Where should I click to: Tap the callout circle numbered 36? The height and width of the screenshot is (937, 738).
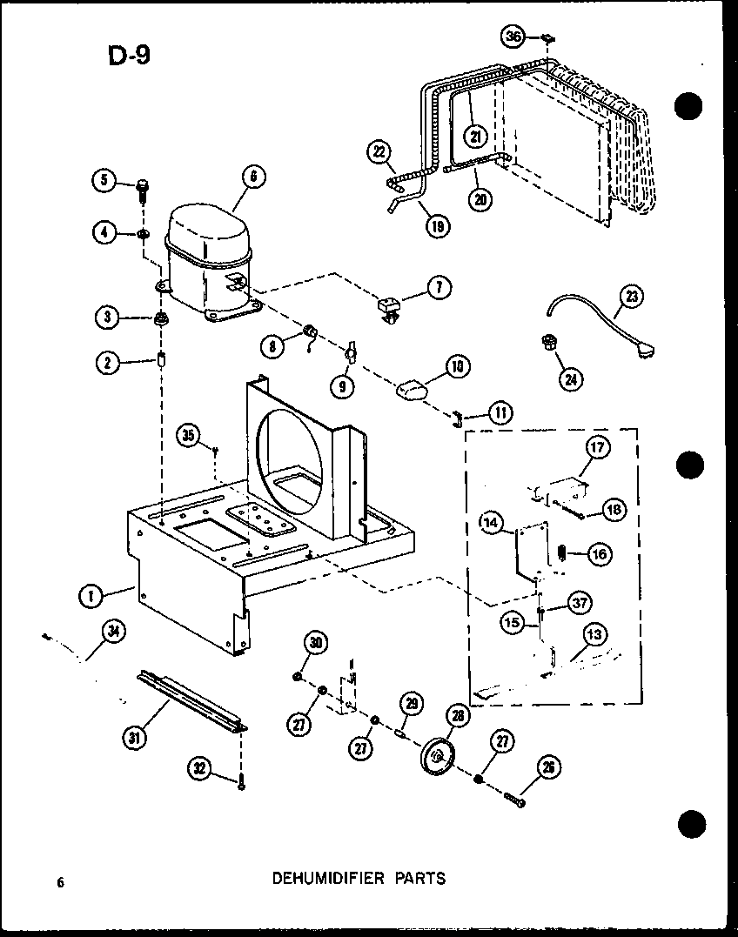pos(513,37)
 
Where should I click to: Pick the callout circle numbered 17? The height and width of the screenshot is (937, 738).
pos(597,449)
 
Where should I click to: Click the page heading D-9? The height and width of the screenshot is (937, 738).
pos(129,55)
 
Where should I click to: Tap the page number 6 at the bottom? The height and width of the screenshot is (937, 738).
pos(61,882)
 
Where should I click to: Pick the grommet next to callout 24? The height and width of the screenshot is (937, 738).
pos(549,345)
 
